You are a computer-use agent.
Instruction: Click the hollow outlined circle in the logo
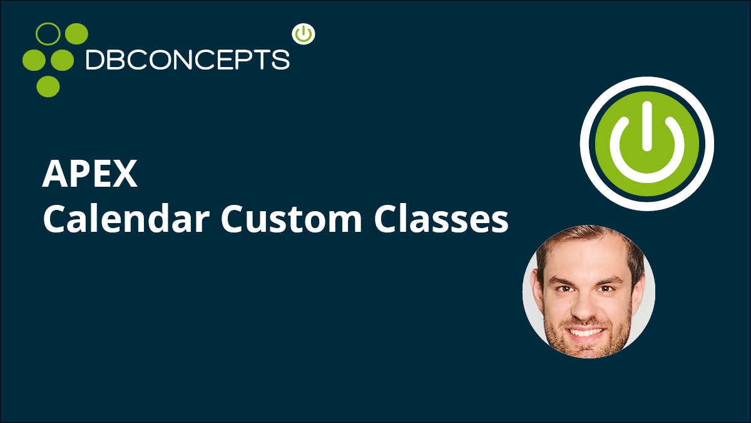[48, 34]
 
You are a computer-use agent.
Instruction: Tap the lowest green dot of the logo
[48, 86]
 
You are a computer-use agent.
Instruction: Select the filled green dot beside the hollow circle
[76, 34]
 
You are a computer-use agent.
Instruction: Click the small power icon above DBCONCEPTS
[304, 34]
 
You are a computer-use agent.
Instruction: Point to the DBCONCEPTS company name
[188, 60]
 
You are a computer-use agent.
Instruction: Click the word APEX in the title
[90, 174]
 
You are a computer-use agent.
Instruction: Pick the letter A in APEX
[55, 174]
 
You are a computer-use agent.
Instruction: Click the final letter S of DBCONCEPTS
[281, 60]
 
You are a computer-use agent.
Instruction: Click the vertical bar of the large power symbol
[646, 126]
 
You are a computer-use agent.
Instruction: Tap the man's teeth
[585, 333]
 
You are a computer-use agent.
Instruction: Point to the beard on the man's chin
[586, 347]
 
